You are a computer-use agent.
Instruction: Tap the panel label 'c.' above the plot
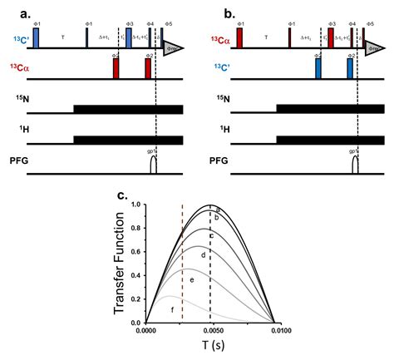coord(121,195)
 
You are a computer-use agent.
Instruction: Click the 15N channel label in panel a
coord(19,106)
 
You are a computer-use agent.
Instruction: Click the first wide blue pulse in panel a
coord(36,37)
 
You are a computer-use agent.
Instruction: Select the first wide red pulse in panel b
coord(238,37)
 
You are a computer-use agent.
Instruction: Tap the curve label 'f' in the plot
coord(172,310)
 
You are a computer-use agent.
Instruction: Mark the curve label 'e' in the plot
coord(192,281)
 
